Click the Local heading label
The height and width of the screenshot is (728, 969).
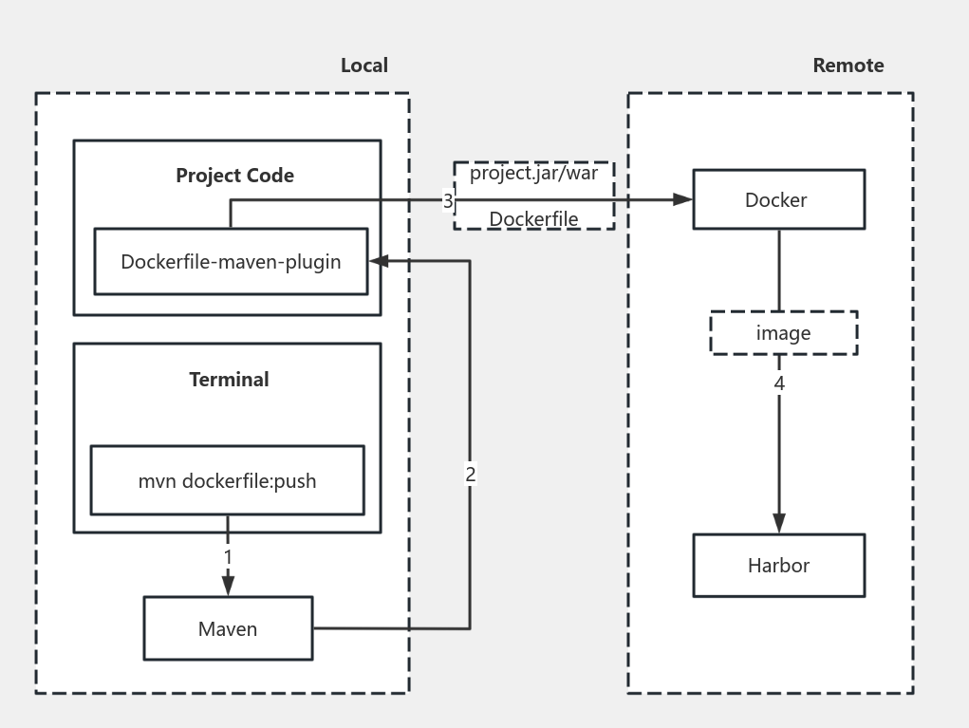pos(363,65)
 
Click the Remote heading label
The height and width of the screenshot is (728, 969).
pos(848,65)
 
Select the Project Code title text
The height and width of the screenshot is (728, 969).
pos(234,176)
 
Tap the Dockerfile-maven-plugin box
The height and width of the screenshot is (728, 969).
pos(231,261)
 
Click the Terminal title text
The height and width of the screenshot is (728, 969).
pos(229,380)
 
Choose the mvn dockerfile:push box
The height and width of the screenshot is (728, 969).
pos(227,480)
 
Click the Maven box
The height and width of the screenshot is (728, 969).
pos(228,628)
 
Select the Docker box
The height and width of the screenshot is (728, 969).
pos(778,199)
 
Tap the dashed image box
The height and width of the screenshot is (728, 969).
pos(783,333)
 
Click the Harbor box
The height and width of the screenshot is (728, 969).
pos(778,566)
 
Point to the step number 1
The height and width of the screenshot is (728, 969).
pos(228,556)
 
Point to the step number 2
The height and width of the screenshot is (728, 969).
pos(470,475)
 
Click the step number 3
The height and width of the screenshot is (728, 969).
pos(448,201)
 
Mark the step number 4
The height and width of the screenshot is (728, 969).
pos(779,383)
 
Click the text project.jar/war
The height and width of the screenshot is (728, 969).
pos(533,174)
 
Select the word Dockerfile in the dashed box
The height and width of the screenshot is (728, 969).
pos(533,219)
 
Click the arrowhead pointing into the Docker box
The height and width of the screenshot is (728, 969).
pos(682,199)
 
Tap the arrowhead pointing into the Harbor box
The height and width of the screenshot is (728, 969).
pos(779,523)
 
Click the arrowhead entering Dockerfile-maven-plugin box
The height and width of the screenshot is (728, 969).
pos(378,261)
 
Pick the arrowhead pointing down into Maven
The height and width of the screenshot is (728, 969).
pos(228,587)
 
